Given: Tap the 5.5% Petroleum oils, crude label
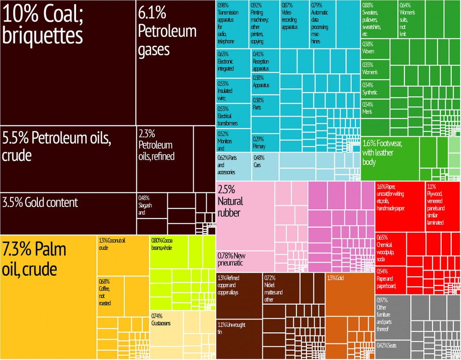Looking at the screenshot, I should pyautogui.click(x=56, y=146).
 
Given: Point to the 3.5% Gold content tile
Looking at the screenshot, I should pyautogui.click(x=40, y=202).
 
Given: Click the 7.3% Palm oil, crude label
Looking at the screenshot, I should pyautogui.click(x=34, y=259).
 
